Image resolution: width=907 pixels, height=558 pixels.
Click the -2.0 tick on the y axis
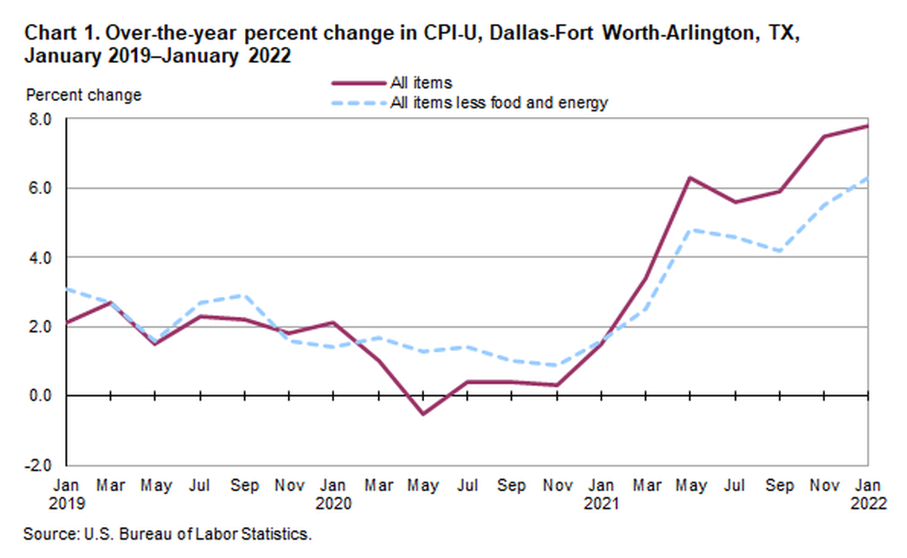pos(40,465)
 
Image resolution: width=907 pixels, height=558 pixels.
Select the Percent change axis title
pos(84,96)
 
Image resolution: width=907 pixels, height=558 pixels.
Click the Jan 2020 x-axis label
pos(333,494)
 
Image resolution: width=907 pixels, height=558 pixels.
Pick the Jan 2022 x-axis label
pos(867,494)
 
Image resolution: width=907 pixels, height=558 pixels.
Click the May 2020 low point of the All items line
pos(422,414)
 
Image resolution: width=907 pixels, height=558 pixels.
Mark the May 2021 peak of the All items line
pos(689,178)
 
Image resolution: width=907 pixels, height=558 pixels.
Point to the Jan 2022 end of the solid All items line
pos(866,126)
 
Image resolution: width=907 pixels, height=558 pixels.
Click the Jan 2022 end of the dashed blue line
pos(866,178)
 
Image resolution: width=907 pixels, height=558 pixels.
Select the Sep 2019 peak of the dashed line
pos(244,295)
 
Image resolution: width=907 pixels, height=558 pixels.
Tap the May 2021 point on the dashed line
pos(689,229)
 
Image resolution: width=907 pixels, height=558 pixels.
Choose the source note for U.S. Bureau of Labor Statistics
pos(167,534)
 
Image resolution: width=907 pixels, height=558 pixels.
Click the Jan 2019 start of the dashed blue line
pos(67,289)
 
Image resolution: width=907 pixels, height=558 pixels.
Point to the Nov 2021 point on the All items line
pos(823,136)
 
